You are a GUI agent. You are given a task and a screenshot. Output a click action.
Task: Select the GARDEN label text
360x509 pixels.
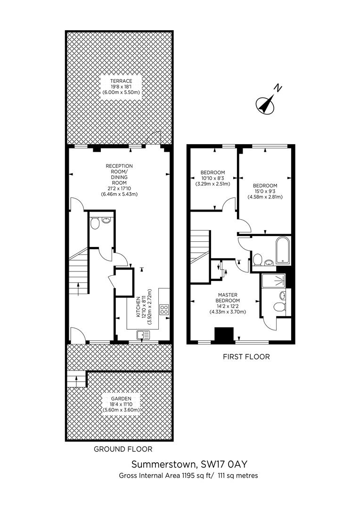click(x=122, y=399)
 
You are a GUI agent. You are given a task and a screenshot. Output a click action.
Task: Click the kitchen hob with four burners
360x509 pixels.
click(x=164, y=310)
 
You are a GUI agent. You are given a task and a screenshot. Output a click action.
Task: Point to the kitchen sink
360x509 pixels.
click(x=143, y=335)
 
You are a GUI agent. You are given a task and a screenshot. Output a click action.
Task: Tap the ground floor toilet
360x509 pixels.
click(x=95, y=224)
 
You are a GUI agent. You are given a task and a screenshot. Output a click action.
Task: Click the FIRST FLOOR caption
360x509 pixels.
click(x=246, y=357)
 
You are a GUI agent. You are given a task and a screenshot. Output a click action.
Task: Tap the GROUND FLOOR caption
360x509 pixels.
click(x=123, y=449)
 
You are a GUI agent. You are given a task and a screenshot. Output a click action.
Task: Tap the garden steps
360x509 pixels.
click(x=77, y=379)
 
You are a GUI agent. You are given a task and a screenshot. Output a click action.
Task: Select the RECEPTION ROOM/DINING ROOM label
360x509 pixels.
click(x=119, y=174)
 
